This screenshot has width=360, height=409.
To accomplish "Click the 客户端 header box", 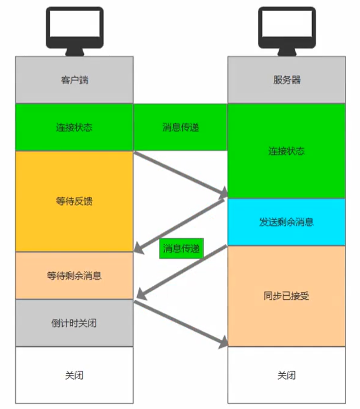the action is click(74, 80).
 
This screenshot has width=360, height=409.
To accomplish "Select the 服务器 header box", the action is click(287, 80).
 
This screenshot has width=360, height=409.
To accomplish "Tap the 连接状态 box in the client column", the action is click(74, 127).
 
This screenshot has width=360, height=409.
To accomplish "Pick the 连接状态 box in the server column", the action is click(287, 151).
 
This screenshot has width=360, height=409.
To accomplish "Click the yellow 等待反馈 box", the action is click(74, 201).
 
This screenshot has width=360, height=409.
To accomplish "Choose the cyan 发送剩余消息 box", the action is click(287, 222).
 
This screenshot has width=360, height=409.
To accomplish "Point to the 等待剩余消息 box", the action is click(74, 275).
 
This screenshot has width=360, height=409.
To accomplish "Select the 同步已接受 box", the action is click(287, 296).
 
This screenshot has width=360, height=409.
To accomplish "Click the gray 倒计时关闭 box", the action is click(74, 323).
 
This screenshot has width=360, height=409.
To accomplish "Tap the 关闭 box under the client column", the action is click(74, 376).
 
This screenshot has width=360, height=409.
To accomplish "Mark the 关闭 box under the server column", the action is click(287, 376).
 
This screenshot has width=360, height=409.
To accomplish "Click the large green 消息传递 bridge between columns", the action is click(181, 127).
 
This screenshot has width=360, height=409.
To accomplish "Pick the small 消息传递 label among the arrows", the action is click(181, 248).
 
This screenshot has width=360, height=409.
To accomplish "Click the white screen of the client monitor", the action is click(74, 23).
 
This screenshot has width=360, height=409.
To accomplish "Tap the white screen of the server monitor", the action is click(287, 23).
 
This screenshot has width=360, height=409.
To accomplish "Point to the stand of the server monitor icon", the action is click(287, 52).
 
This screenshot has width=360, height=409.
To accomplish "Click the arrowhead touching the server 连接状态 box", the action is click(223, 192).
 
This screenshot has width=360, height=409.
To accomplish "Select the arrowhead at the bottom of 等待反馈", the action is click(139, 248).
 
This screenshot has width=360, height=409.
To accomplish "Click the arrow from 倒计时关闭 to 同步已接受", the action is click(181, 323).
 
